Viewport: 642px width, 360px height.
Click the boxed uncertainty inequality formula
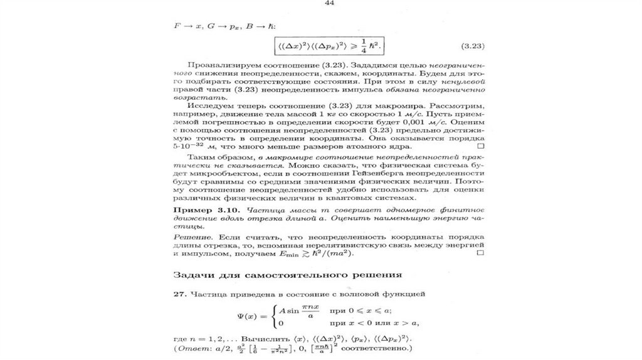pyautogui.click(x=329, y=46)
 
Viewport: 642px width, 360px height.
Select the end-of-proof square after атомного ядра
pyautogui.click(x=480, y=146)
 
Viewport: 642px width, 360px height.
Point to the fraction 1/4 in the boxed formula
pyautogui.click(x=363, y=46)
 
